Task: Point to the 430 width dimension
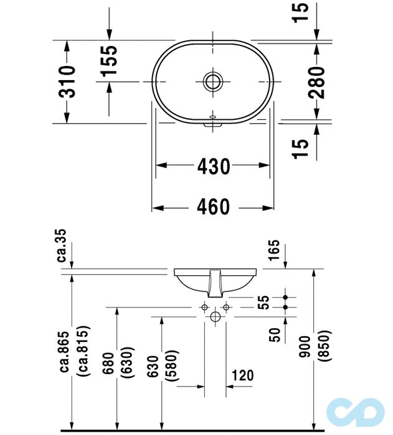pyautogui.click(x=214, y=166)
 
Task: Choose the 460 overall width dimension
pyautogui.click(x=214, y=207)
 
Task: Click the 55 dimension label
pyautogui.click(x=265, y=302)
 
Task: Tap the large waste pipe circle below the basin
pyautogui.click(x=215, y=318)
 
